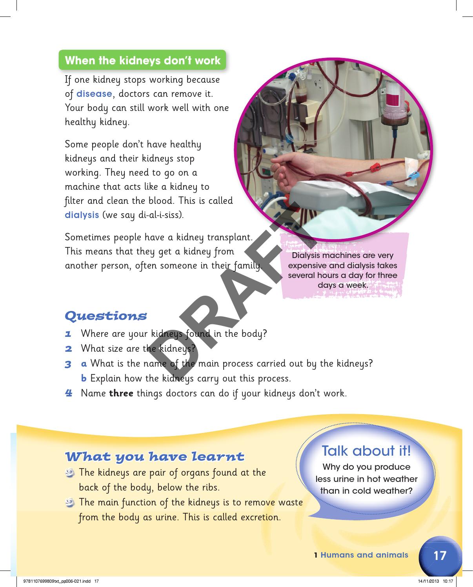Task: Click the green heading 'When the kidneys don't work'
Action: [x=142, y=61]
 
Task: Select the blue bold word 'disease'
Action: [x=94, y=94]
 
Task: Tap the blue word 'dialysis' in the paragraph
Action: [x=82, y=215]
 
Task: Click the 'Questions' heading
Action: [x=106, y=316]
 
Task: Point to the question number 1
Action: [x=68, y=334]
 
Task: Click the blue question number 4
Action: [x=69, y=393]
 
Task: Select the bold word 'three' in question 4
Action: [x=121, y=393]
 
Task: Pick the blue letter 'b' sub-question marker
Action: [x=84, y=378]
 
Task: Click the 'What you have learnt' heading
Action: [x=155, y=457]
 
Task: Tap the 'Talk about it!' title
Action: [x=366, y=451]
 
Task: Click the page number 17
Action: [x=440, y=555]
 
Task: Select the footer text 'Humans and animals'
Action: [x=364, y=555]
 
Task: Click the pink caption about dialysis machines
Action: [x=342, y=271]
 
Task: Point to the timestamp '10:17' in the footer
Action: [x=448, y=581]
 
